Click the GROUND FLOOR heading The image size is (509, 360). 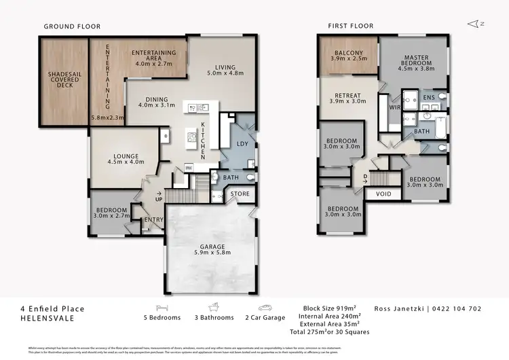72,26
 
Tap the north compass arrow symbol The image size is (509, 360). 474,24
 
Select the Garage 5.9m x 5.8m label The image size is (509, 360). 212,249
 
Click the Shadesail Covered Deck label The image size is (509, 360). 64,79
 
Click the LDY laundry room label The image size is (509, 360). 242,143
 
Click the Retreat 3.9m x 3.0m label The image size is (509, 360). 347,97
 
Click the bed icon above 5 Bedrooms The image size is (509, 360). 162,306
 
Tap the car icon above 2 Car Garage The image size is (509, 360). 265,306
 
